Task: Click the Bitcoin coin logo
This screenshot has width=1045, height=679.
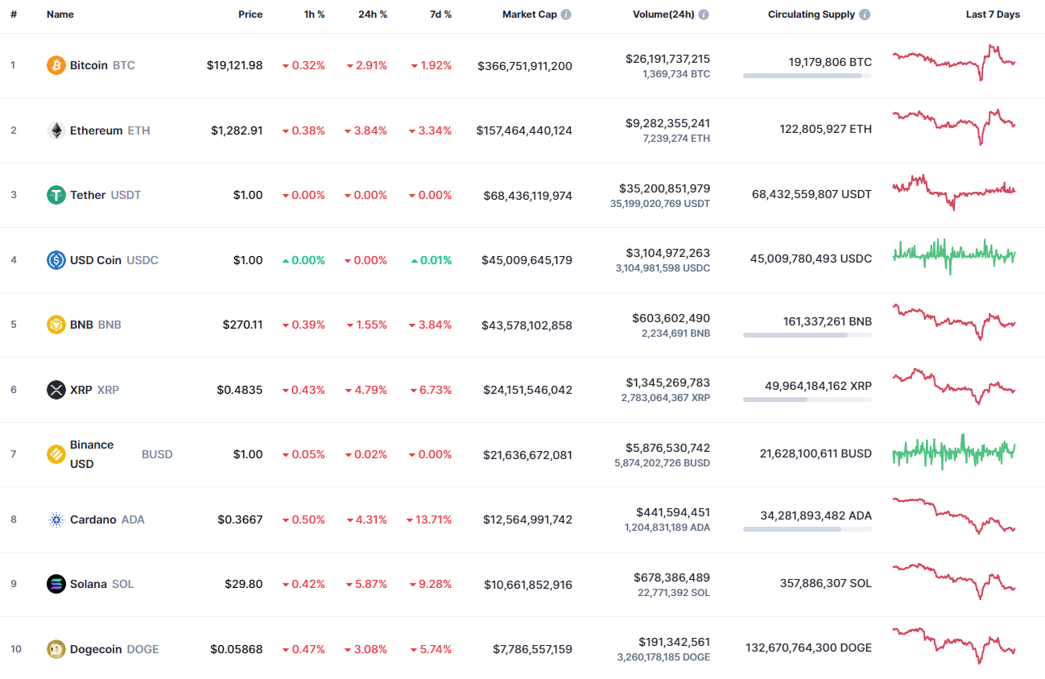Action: pyautogui.click(x=56, y=65)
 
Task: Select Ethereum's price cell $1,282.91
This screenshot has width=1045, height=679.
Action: pyautogui.click(x=237, y=130)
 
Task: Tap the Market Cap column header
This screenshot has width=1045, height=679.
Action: pyautogui.click(x=529, y=14)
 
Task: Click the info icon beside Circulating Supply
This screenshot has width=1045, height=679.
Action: pyautogui.click(x=865, y=14)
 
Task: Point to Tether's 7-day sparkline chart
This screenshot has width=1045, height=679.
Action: pyautogui.click(x=954, y=193)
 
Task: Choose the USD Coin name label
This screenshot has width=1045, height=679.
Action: pyautogui.click(x=95, y=260)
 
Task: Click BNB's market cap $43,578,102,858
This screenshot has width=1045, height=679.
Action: pyautogui.click(x=527, y=325)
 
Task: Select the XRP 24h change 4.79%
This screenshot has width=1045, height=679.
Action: pyautogui.click(x=366, y=390)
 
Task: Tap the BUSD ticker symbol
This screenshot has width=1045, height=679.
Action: pyautogui.click(x=157, y=454)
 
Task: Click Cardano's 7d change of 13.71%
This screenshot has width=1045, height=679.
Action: pyautogui.click(x=431, y=520)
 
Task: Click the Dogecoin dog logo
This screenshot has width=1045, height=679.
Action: pyautogui.click(x=56, y=649)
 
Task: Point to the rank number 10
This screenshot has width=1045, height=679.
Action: pyautogui.click(x=16, y=649)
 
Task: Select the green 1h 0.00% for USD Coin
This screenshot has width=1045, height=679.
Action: pyautogui.click(x=304, y=260)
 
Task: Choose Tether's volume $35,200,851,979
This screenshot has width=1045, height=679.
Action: pyautogui.click(x=664, y=188)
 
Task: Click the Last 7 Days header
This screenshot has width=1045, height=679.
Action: pyautogui.click(x=993, y=14)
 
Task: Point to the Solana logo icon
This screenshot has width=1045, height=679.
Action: pyautogui.click(x=56, y=584)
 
